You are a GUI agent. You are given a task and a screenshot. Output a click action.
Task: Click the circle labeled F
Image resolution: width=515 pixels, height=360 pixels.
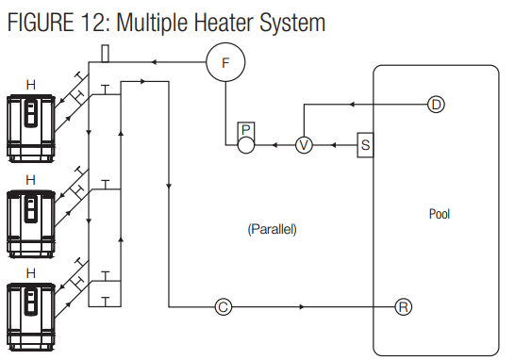click(x=225, y=62)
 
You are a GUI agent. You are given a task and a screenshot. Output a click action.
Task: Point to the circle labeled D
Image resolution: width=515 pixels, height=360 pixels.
click(x=435, y=104)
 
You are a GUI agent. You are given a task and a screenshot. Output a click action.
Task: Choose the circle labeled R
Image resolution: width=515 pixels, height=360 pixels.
click(x=404, y=306)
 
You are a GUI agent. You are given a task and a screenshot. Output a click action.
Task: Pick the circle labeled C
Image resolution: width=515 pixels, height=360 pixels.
click(x=224, y=306)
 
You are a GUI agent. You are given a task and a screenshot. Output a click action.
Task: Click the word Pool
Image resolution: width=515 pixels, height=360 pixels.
click(x=440, y=214)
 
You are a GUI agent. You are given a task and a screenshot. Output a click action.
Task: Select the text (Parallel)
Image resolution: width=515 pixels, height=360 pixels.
click(x=272, y=229)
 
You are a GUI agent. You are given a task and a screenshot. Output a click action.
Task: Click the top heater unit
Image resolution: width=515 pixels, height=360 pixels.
click(x=30, y=123)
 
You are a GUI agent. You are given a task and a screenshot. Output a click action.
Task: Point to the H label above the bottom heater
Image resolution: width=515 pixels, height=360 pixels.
click(x=31, y=272)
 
